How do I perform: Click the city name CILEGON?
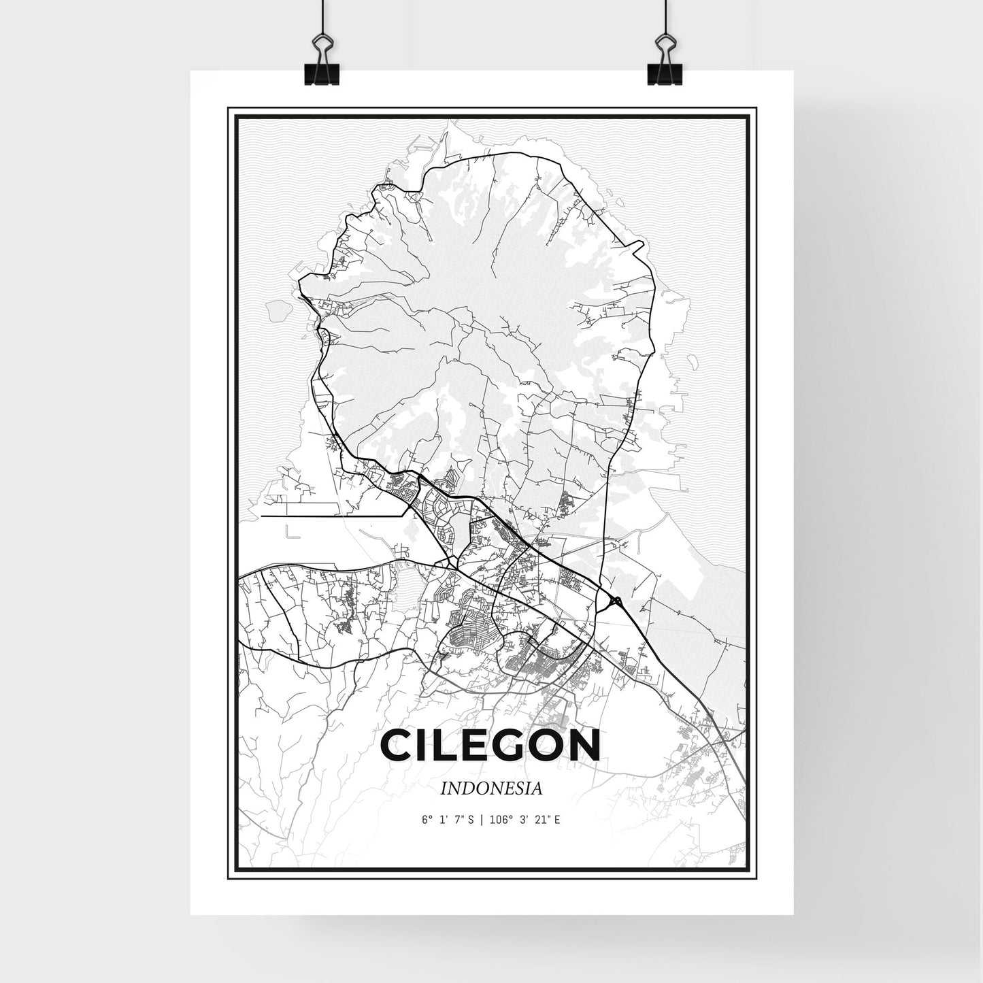(490, 746)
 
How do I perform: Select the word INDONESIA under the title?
(491, 789)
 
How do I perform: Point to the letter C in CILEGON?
(398, 746)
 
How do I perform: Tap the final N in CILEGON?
(584, 746)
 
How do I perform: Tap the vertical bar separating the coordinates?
(482, 820)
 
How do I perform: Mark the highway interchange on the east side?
(616, 601)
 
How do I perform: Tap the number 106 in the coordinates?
(498, 820)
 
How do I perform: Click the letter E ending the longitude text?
(557, 820)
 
